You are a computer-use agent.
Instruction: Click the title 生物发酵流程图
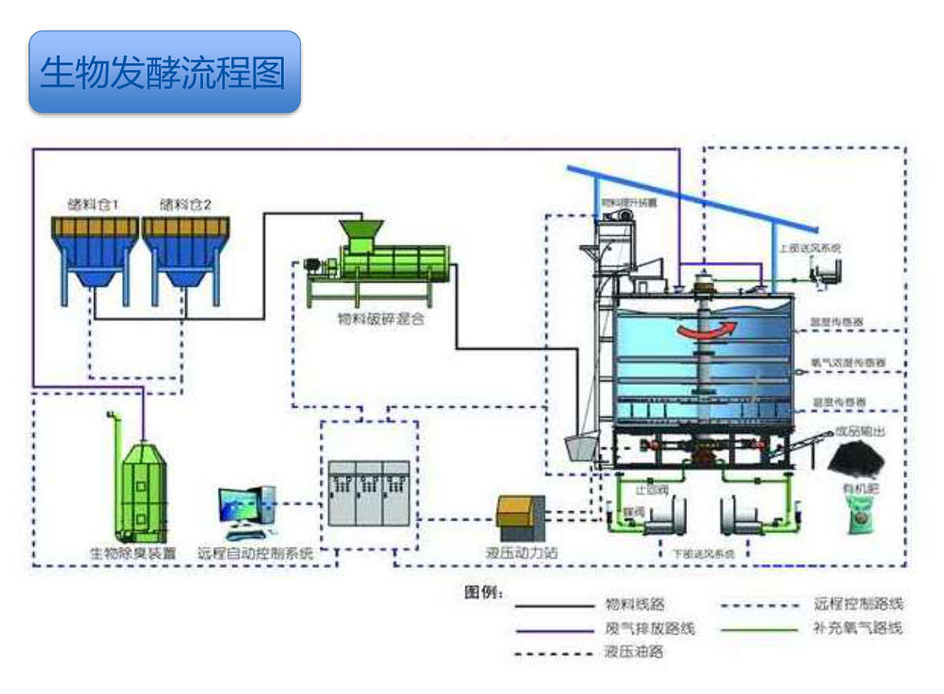[163, 72]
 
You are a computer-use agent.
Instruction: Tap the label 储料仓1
[93, 205]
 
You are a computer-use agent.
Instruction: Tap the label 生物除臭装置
[134, 553]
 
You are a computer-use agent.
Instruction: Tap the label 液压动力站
[522, 553]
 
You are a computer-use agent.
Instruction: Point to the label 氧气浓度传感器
[849, 363]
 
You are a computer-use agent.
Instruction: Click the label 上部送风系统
[810, 248]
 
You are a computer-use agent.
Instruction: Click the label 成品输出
[859, 431]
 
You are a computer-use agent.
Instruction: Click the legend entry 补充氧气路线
[857, 629]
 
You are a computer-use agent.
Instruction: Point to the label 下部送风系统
[703, 553]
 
